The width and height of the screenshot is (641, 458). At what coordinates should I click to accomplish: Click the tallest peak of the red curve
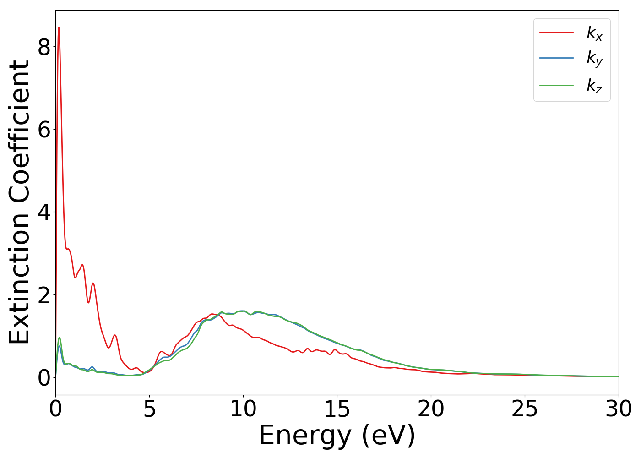tap(59, 27)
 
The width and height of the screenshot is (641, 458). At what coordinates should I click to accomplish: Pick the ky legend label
tap(594, 59)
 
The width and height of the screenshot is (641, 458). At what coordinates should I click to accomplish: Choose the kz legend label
tap(594, 85)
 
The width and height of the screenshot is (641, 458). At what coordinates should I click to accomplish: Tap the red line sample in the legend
tap(556, 32)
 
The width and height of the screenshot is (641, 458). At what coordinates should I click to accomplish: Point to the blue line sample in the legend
tap(556, 58)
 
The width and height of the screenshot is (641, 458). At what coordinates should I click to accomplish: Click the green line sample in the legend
tap(556, 85)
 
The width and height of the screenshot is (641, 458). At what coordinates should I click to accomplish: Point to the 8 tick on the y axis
tap(43, 47)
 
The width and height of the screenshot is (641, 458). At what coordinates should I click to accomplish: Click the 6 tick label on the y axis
tap(43, 130)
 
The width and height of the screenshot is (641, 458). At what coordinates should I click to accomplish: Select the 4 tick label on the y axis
tap(43, 212)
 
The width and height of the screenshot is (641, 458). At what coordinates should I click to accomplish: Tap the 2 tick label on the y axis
tap(43, 295)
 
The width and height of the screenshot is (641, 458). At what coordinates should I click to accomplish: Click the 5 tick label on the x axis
tap(149, 409)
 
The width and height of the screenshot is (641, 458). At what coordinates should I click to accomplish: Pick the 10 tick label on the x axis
tap(243, 409)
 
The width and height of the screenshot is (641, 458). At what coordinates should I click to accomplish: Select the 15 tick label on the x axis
tap(337, 409)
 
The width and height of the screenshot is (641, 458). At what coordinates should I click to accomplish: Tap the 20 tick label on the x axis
tap(431, 409)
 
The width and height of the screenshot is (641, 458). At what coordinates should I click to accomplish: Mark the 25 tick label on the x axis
tap(525, 409)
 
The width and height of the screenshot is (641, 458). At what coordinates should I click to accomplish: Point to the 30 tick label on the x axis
tap(618, 409)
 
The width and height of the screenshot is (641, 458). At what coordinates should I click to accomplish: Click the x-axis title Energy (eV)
tap(337, 435)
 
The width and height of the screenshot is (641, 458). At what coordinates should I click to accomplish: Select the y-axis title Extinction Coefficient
tap(19, 202)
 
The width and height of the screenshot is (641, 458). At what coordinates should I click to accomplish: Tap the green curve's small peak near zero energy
tap(60, 338)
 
